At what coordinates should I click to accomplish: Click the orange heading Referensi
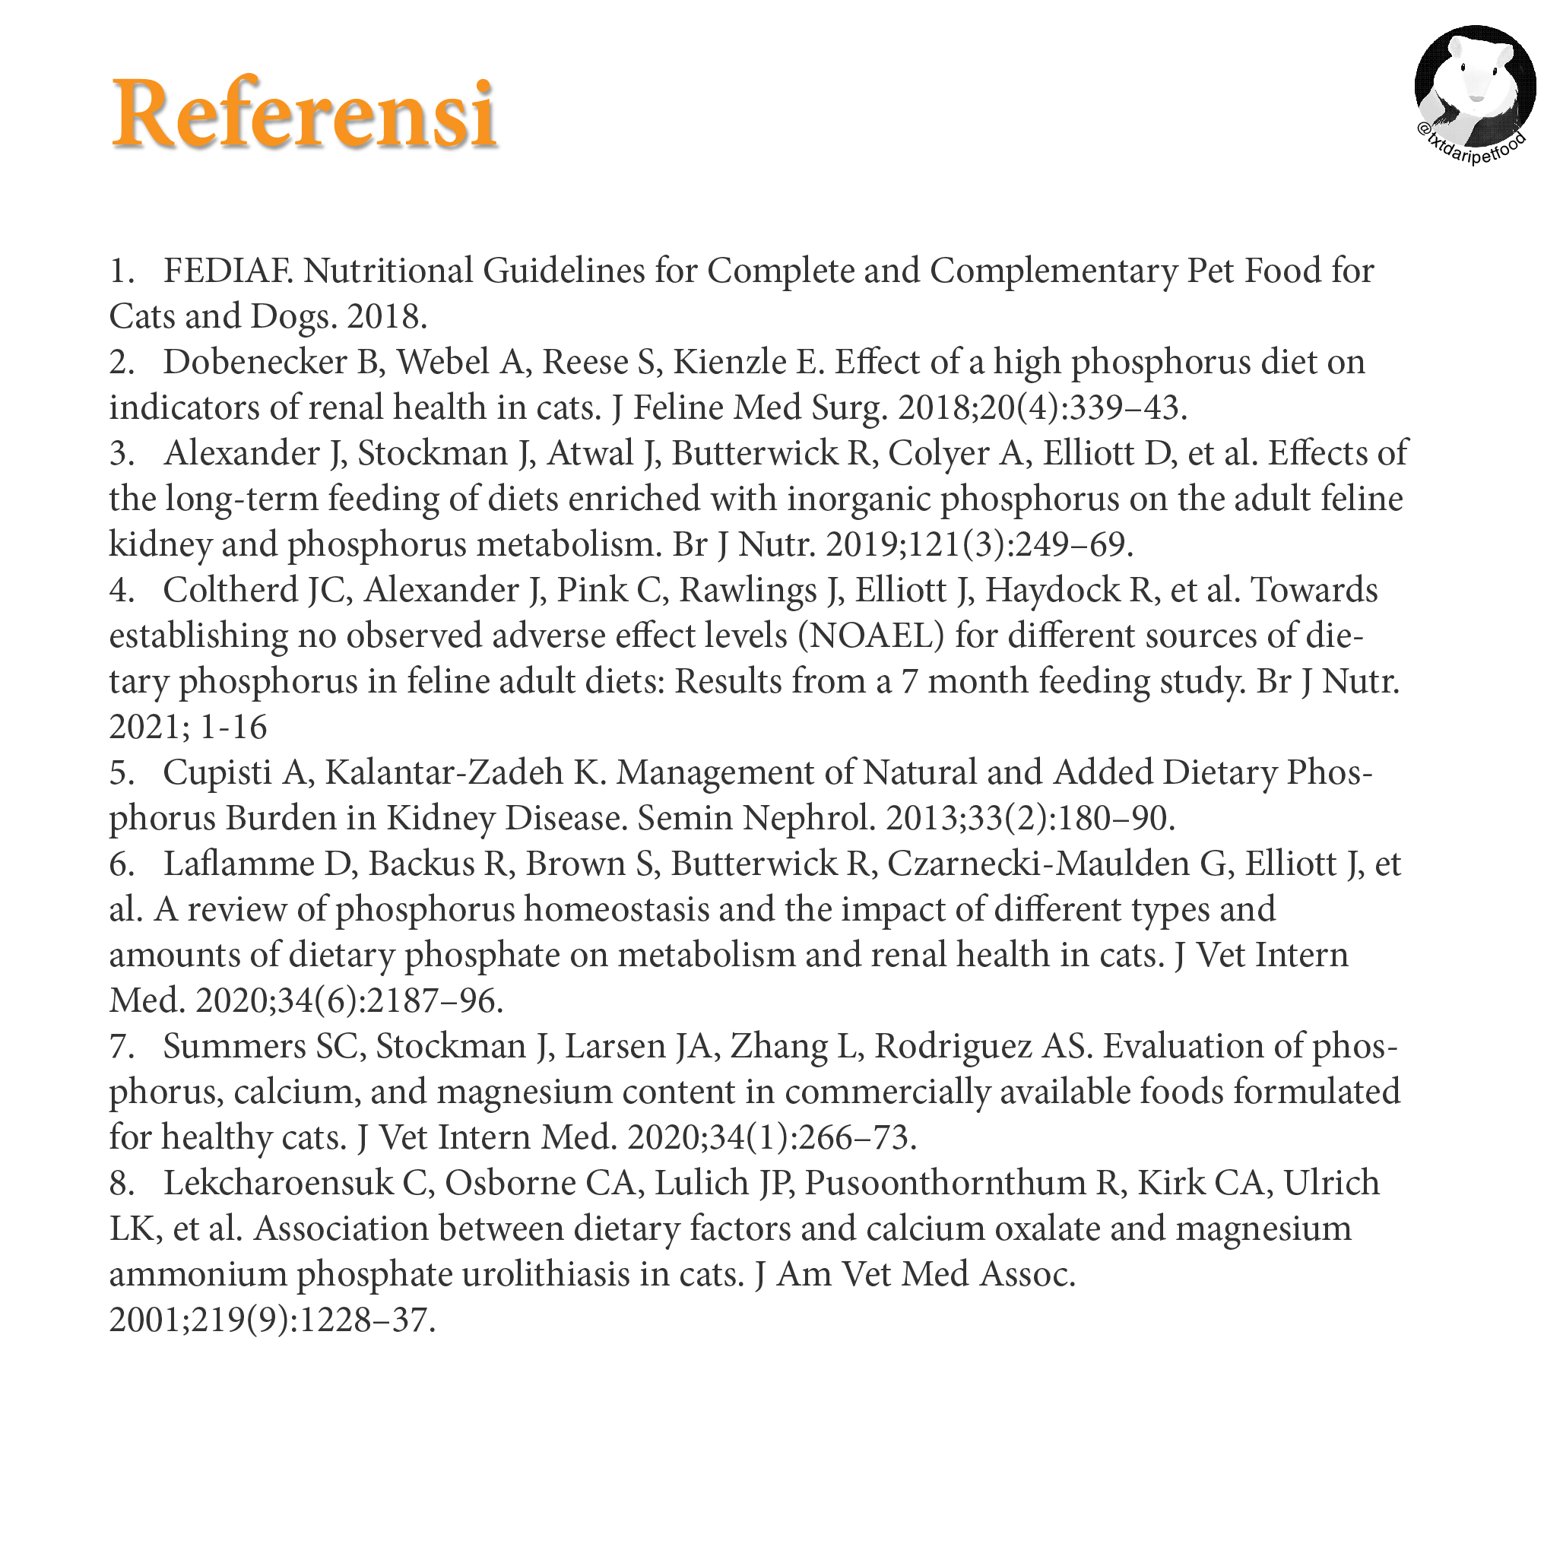tap(304, 114)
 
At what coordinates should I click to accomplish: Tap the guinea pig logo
tap(1474, 89)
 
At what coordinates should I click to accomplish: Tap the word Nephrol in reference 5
tap(809, 819)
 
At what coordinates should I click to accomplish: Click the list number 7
tap(121, 1047)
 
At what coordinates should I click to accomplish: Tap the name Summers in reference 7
tap(234, 1047)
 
